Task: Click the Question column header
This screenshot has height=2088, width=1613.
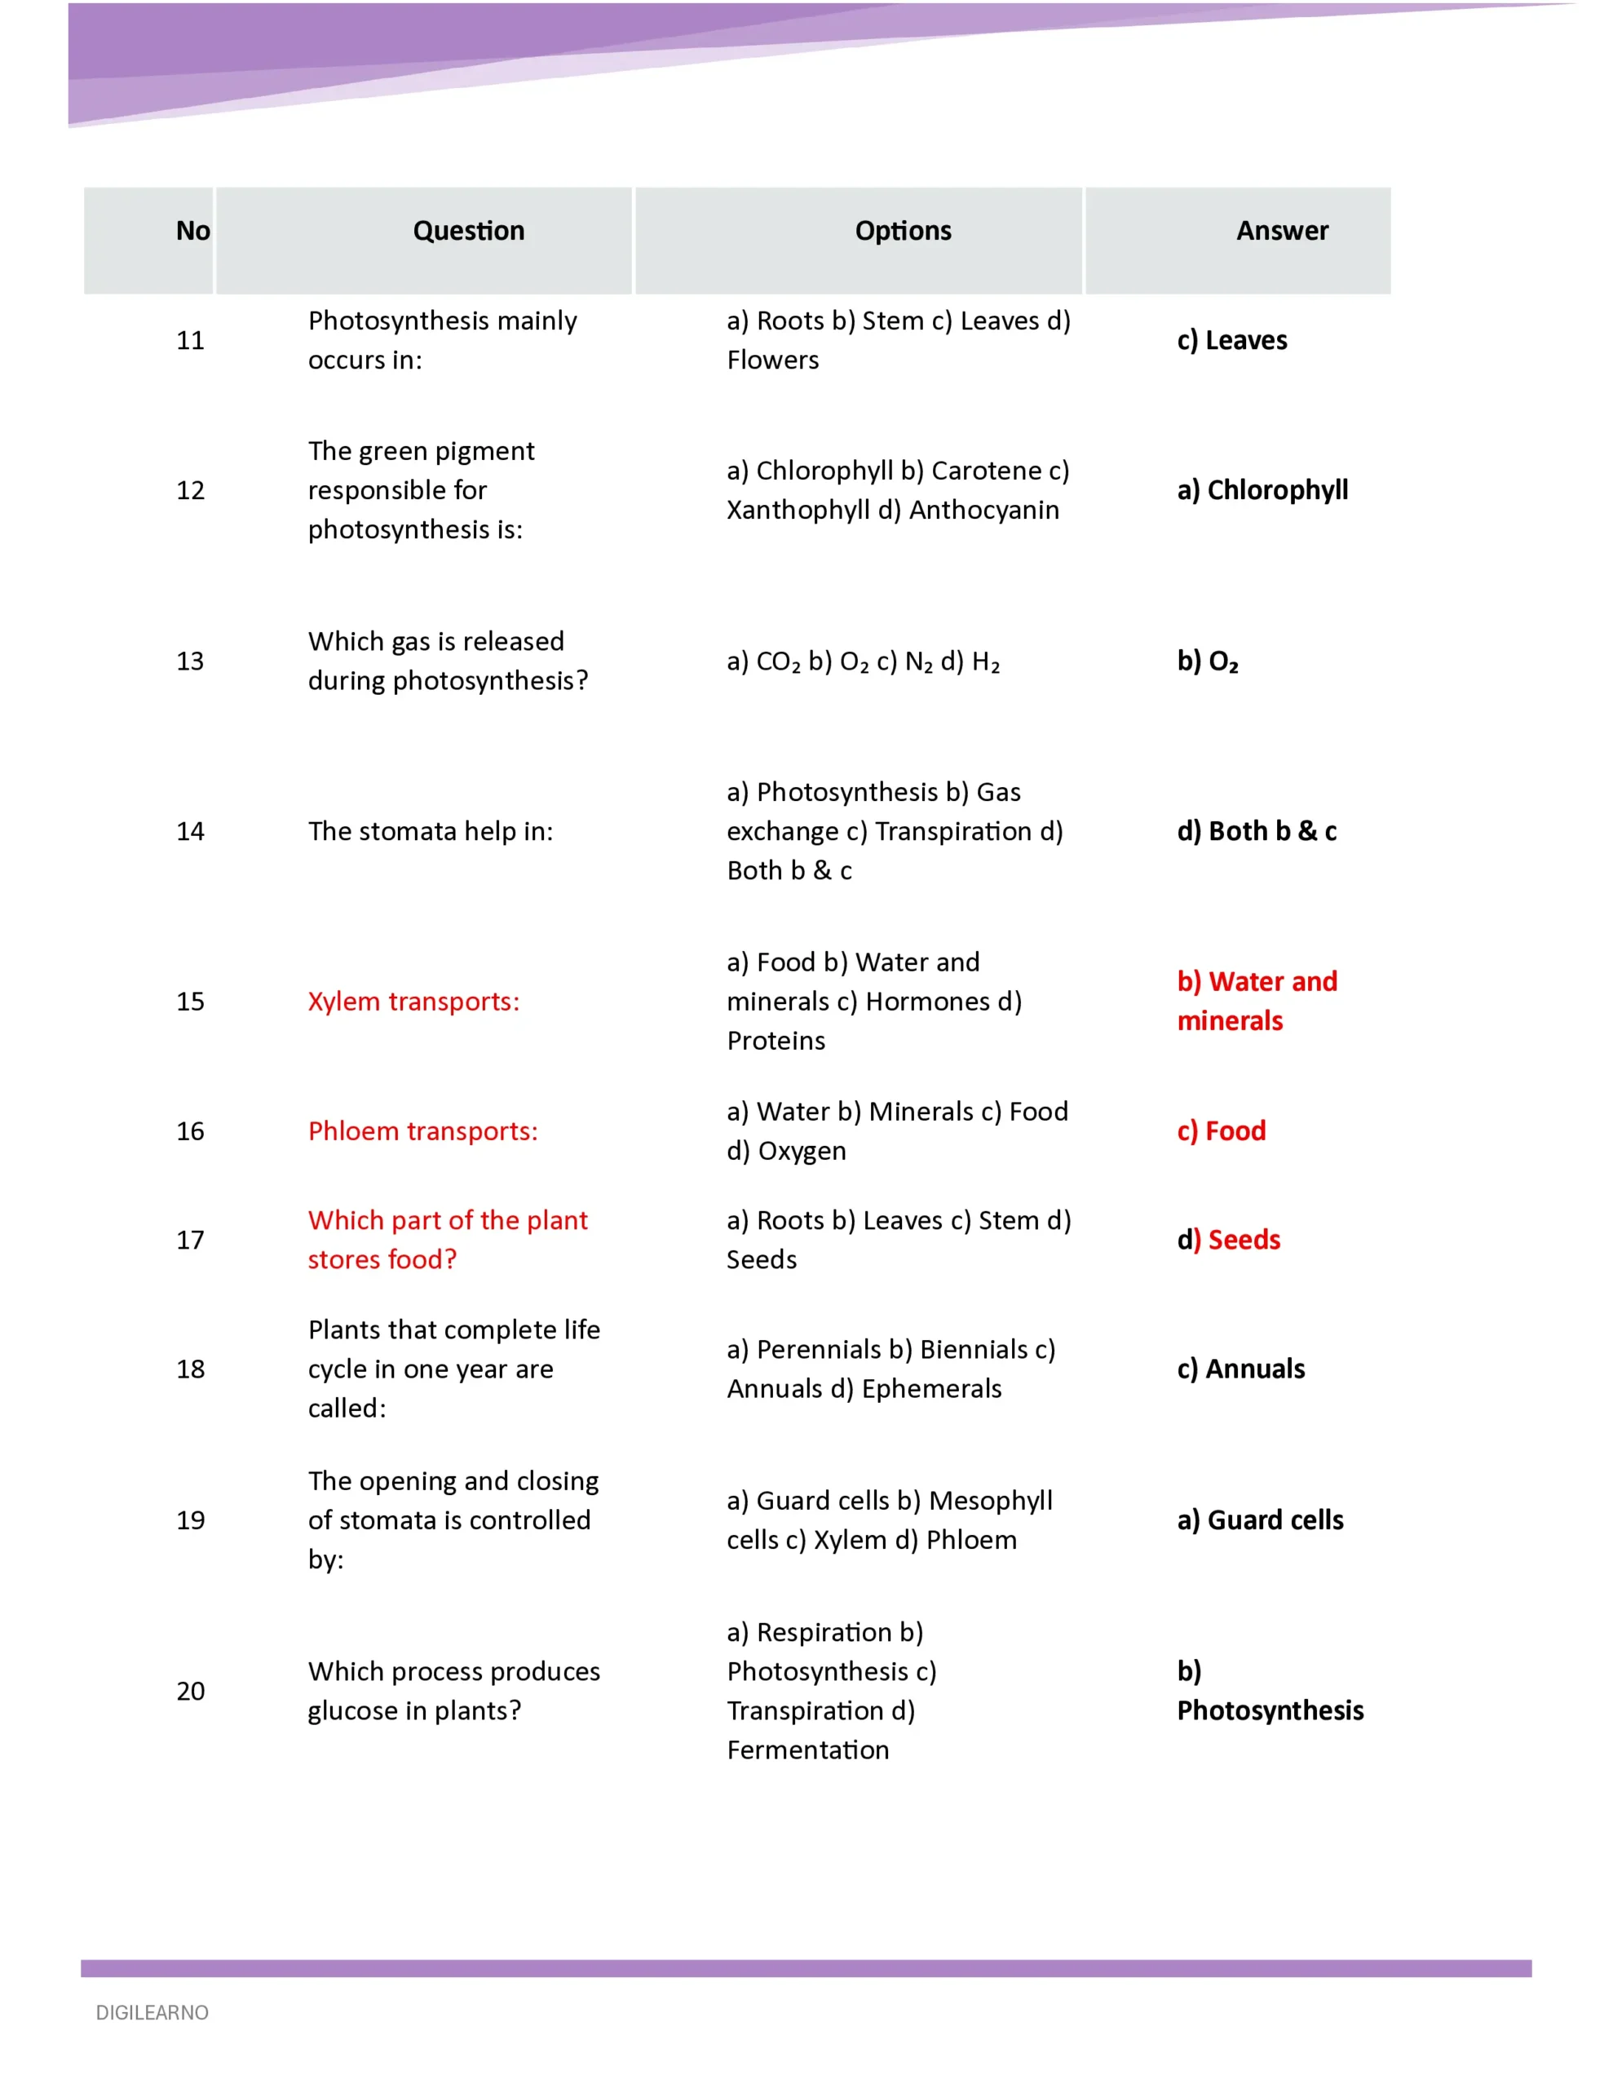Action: [x=469, y=230]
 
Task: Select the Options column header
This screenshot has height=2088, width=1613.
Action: [x=903, y=230]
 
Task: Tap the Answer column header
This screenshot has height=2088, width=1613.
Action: [x=1281, y=230]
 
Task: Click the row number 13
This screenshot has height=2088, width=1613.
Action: [x=190, y=661]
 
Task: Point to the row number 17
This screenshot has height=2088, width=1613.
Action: [x=190, y=1240]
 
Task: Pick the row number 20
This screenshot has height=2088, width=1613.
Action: [x=190, y=1690]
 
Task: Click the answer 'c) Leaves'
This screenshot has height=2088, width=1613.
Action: [x=1231, y=340]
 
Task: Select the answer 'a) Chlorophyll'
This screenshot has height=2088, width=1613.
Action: [x=1262, y=489]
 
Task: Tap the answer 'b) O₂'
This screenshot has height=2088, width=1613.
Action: [x=1208, y=661]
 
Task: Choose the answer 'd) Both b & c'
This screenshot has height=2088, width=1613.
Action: [x=1257, y=831]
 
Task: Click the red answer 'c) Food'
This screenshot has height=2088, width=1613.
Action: [x=1221, y=1131]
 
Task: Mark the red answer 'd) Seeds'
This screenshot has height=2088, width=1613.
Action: [x=1229, y=1240]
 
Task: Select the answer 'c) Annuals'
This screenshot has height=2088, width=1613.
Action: [x=1240, y=1369]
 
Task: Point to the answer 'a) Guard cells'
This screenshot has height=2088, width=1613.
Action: [x=1259, y=1520]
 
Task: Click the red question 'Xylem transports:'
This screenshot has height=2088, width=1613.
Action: [x=413, y=1001]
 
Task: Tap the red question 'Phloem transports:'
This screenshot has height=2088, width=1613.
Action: [x=422, y=1131]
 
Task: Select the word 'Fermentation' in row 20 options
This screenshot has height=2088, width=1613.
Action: [x=808, y=1750]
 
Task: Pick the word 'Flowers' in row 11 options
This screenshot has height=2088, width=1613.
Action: [x=772, y=361]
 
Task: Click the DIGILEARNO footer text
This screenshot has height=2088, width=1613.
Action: [x=152, y=2012]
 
